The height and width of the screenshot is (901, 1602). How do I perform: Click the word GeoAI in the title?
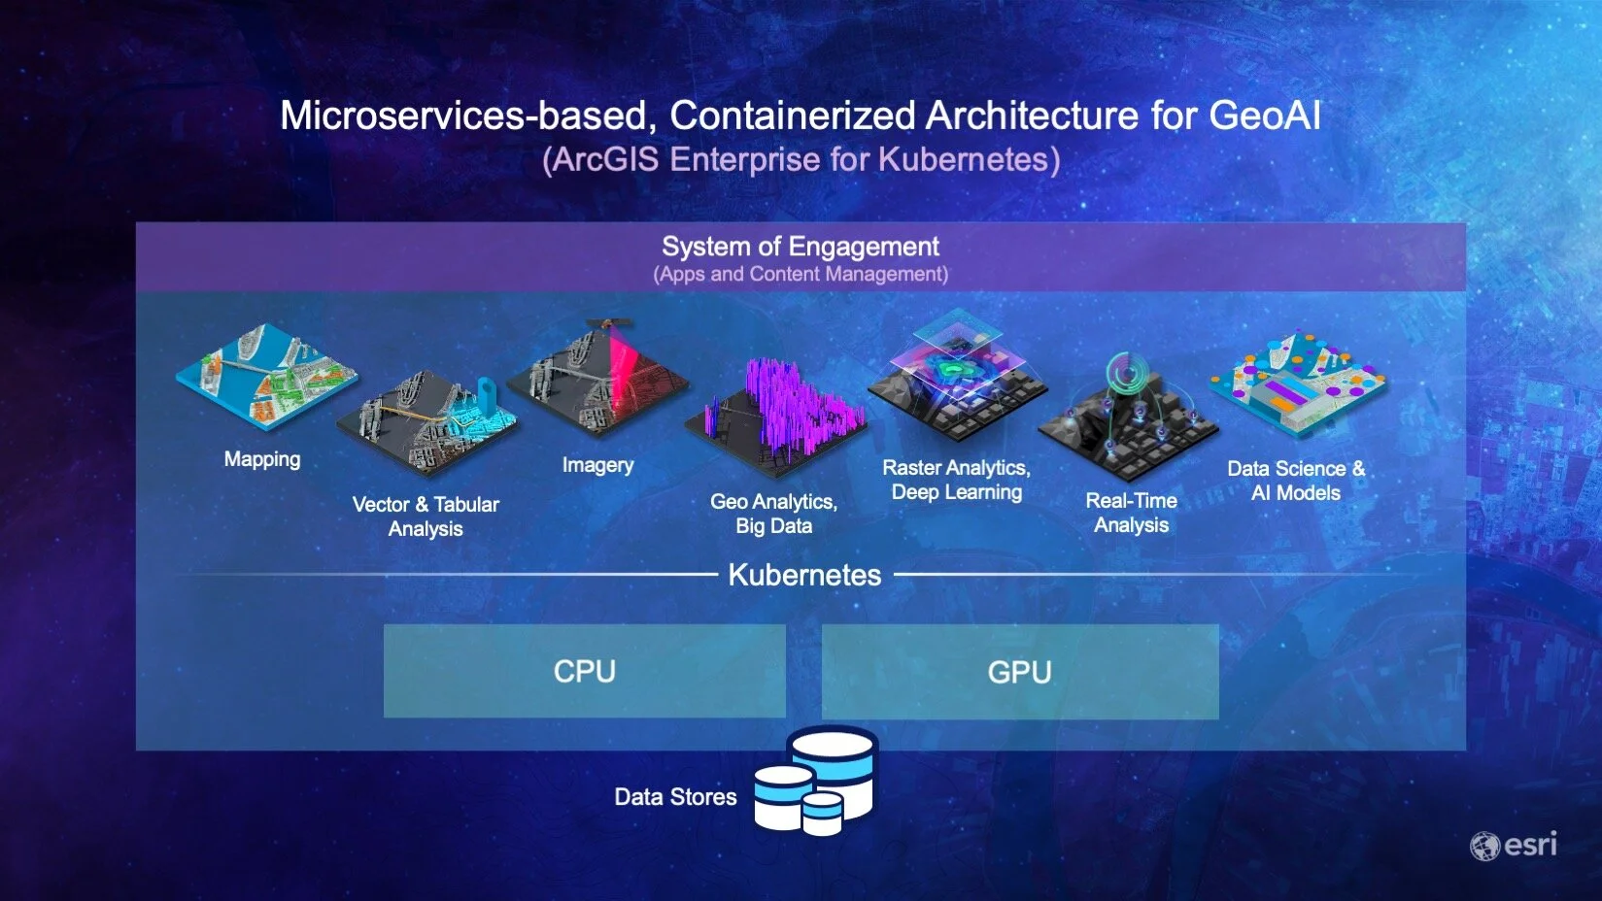coord(1264,117)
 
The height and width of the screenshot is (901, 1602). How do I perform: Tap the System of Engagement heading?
coord(801,247)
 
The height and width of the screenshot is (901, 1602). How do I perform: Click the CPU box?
coord(584,671)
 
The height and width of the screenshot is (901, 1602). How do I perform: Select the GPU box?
coord(1019,672)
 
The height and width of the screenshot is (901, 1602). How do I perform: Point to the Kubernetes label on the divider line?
coord(804,575)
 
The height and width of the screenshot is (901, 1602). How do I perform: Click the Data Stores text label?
coord(675,797)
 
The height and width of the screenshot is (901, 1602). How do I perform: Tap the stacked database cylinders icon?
coord(816,782)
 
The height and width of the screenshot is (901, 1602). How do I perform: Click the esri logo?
coord(1514,846)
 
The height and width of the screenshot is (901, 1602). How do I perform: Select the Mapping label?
coord(262,459)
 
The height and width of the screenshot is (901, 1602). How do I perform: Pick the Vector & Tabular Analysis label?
coord(426,517)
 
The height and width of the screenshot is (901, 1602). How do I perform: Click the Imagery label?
coord(597,465)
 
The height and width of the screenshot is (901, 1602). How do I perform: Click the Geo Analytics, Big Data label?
coord(773,514)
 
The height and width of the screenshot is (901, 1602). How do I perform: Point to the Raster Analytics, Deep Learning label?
coord(956,480)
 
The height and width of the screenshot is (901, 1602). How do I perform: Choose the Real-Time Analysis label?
coord(1131,513)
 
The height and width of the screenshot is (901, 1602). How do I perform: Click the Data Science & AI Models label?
coord(1295,481)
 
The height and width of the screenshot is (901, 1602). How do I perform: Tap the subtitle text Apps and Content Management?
coord(801,275)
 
